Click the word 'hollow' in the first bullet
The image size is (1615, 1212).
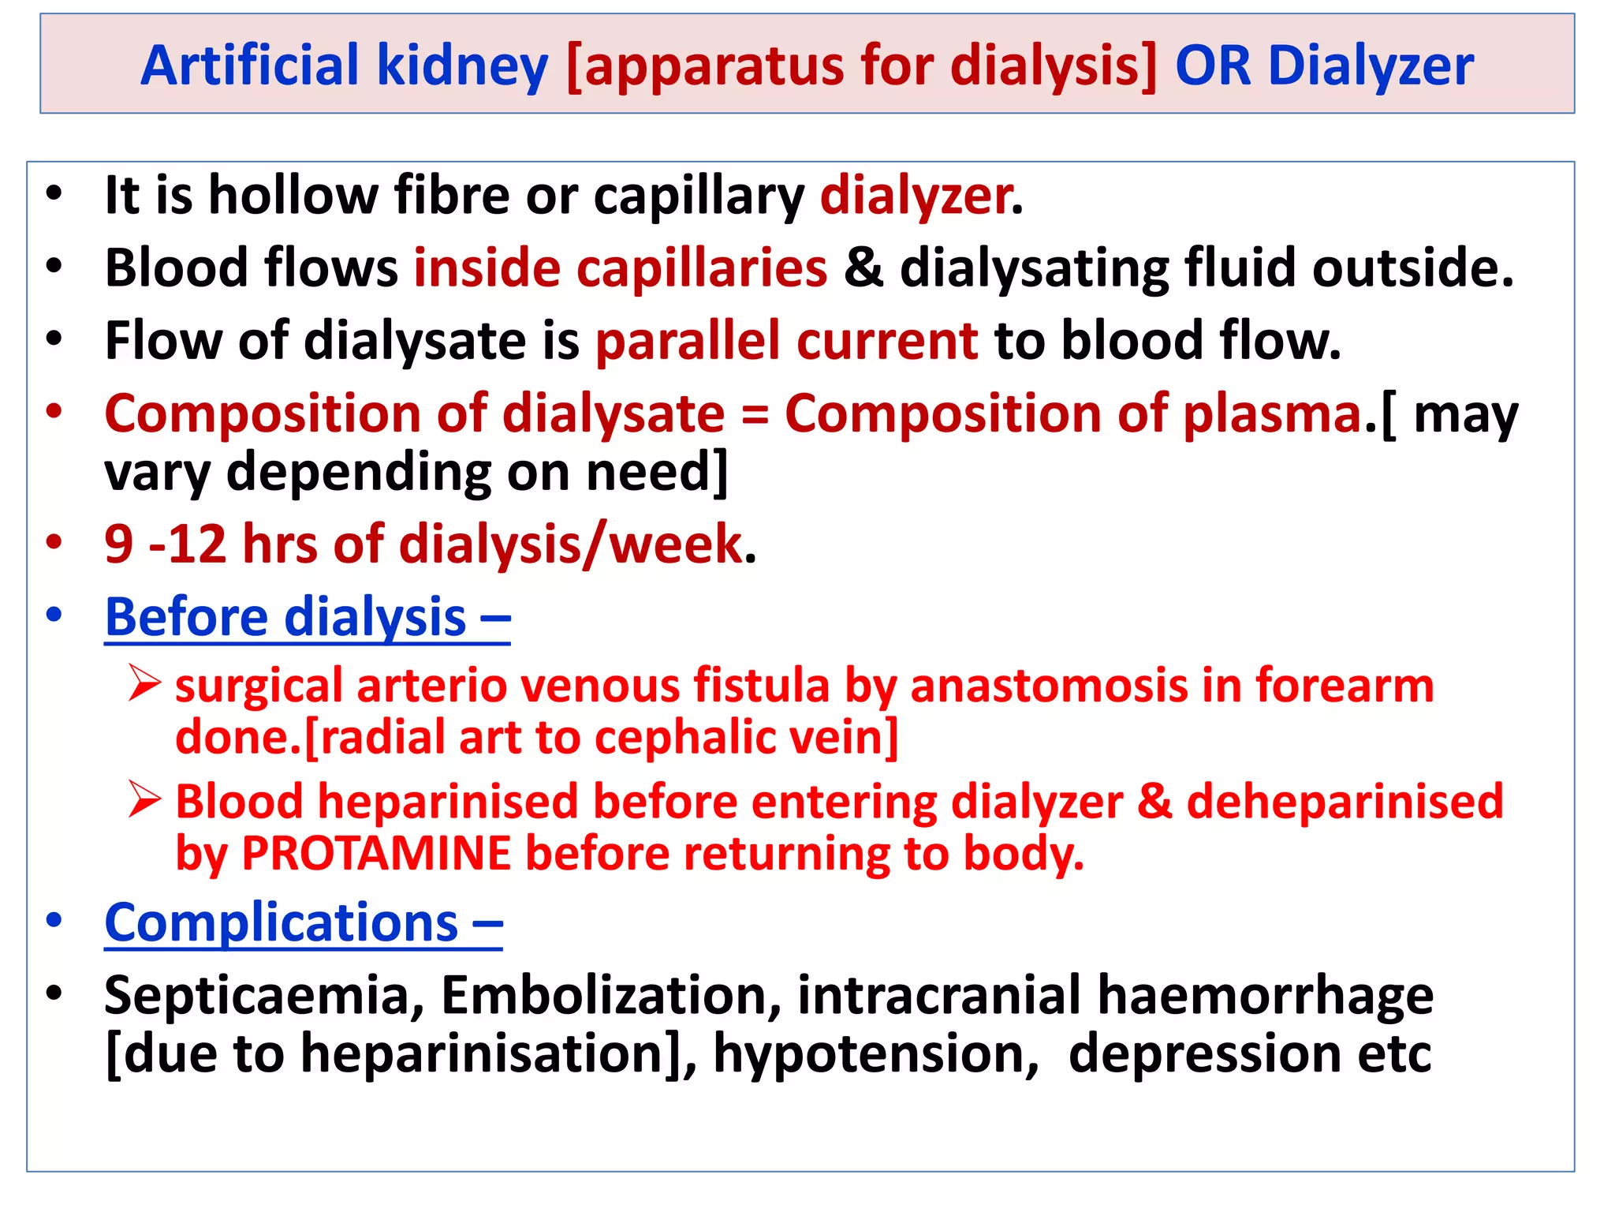[x=293, y=195]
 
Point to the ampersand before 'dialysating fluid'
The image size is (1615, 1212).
[x=863, y=267]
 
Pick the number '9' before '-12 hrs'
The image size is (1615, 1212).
[x=118, y=544]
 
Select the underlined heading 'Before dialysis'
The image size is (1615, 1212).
[x=307, y=617]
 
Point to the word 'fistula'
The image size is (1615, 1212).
[x=761, y=685]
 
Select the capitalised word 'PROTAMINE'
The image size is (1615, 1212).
[x=376, y=854]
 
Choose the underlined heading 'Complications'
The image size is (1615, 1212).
[x=303, y=922]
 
